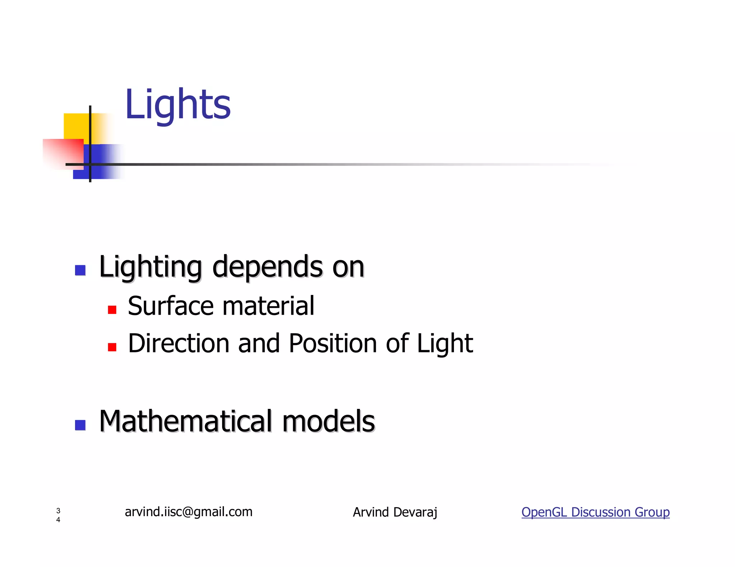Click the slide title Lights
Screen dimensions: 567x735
pos(177,105)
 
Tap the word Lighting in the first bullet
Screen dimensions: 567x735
pos(150,267)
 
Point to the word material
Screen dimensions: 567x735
pos(268,306)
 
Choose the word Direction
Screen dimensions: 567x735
pos(178,343)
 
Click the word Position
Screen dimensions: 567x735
pos(333,343)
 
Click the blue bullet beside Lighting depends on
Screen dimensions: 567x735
pos(80,270)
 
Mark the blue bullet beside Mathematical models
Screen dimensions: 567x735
pos(80,425)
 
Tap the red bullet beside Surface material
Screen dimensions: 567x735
pos(112,310)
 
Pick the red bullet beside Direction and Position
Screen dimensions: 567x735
pos(112,347)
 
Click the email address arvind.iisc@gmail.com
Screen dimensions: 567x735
pos(188,512)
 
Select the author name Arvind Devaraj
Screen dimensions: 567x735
pos(395,512)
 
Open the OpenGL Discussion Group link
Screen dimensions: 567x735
pos(595,512)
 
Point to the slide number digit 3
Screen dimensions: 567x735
pos(58,510)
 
